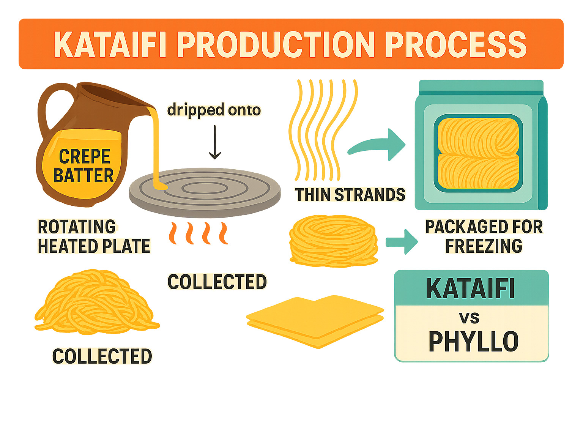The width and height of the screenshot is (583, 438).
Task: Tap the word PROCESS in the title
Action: (455, 45)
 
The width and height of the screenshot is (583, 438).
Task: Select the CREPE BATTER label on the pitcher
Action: (84, 166)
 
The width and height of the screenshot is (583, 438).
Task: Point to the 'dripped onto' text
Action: (214, 110)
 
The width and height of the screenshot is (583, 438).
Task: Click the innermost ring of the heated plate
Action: (205, 187)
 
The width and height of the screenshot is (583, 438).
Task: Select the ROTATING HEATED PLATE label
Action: (94, 236)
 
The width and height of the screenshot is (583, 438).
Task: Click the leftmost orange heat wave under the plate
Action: (173, 233)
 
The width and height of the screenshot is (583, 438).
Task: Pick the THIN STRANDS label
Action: (350, 195)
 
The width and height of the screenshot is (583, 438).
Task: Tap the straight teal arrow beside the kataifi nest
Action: (401, 242)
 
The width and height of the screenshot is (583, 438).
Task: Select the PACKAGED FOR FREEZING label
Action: (484, 236)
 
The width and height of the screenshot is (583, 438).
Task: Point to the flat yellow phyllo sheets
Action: (315, 321)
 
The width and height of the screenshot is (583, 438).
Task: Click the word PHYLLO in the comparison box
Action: (473, 341)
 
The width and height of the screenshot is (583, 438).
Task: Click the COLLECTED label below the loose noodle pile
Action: (102, 356)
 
